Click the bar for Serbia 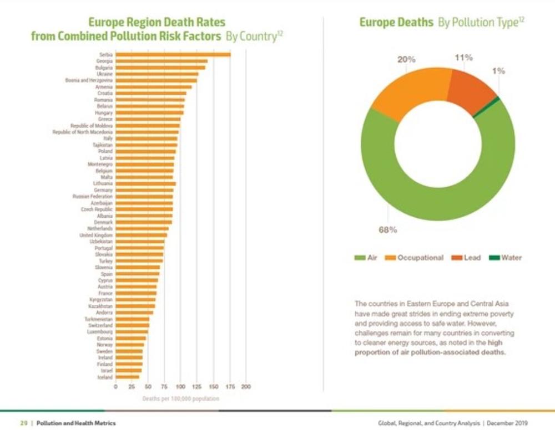click(173, 54)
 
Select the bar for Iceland click(127, 377)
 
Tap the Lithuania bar click(145, 183)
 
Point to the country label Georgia click(104, 61)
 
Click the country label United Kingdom click(96, 235)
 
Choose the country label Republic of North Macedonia click(83, 132)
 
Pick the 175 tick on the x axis click(230, 386)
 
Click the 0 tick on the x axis click(115, 386)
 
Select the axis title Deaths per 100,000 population click(180, 398)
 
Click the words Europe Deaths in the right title click(396, 23)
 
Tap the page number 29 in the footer click(24, 423)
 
